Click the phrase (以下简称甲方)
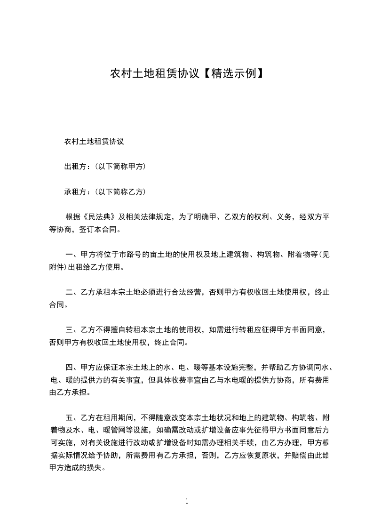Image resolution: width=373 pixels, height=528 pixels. coord(120,167)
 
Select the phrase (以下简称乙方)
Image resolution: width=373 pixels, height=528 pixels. coord(120,192)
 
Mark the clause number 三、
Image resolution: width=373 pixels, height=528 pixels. coord(72,330)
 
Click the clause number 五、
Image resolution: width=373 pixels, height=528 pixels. coord(72,418)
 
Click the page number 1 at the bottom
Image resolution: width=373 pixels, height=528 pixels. coord(187,501)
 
